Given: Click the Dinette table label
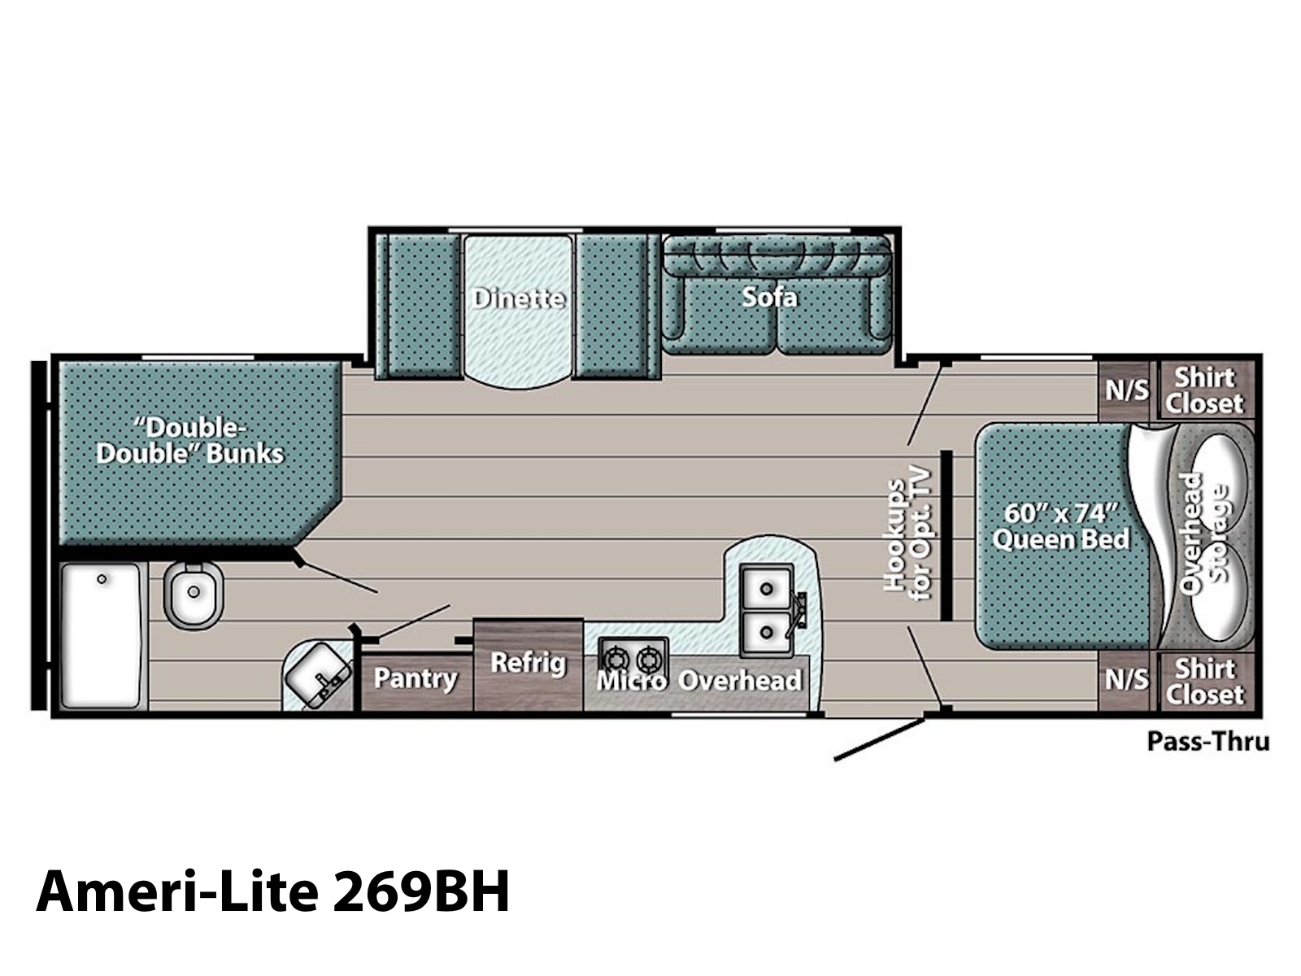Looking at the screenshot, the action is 519,298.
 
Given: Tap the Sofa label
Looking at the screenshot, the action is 769,297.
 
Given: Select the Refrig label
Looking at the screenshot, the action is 528,663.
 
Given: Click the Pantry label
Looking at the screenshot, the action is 416,678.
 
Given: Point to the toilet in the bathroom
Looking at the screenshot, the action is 193,595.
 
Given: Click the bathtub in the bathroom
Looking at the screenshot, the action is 102,635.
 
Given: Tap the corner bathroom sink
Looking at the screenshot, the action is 318,676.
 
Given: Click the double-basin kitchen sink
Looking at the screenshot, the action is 767,610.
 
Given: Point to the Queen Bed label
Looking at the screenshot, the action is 1060,527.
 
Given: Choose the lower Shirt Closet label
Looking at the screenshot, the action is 1204,682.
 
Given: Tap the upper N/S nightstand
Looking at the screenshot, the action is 1127,391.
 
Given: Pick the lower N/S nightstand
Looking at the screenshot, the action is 1127,680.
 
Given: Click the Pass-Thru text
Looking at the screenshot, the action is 1208,741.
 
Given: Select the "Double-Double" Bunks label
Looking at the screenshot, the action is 189,441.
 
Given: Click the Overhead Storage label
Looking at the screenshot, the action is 1203,533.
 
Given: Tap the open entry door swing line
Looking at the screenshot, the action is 880,739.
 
